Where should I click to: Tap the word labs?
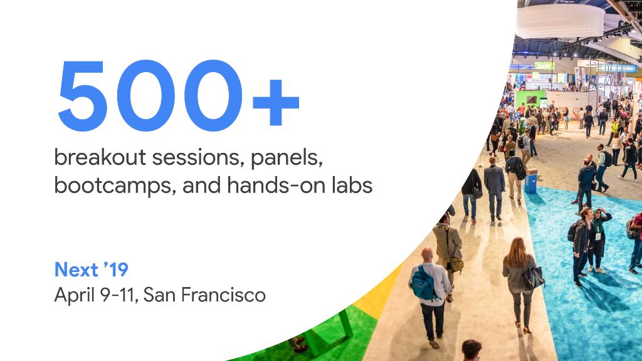[352, 185]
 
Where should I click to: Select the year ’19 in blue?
[116, 269]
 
